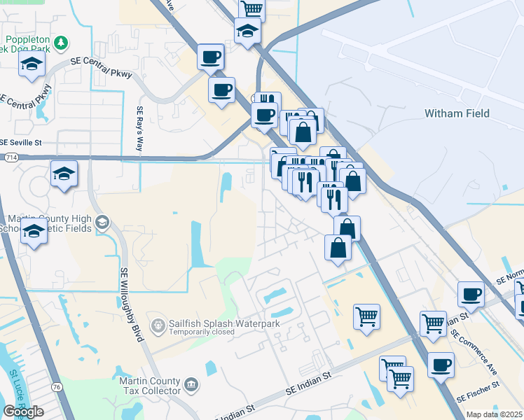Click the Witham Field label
[x=457, y=113]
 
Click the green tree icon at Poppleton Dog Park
[x=62, y=43]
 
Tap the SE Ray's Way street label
[x=139, y=129]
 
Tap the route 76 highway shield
[x=56, y=386]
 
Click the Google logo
[x=23, y=411]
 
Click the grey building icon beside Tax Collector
[x=191, y=384]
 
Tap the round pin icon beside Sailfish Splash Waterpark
[x=160, y=325]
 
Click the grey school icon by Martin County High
[x=102, y=223]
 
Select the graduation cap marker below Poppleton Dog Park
[x=31, y=64]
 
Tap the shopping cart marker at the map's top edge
[x=251, y=8]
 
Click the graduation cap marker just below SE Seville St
[x=64, y=174]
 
